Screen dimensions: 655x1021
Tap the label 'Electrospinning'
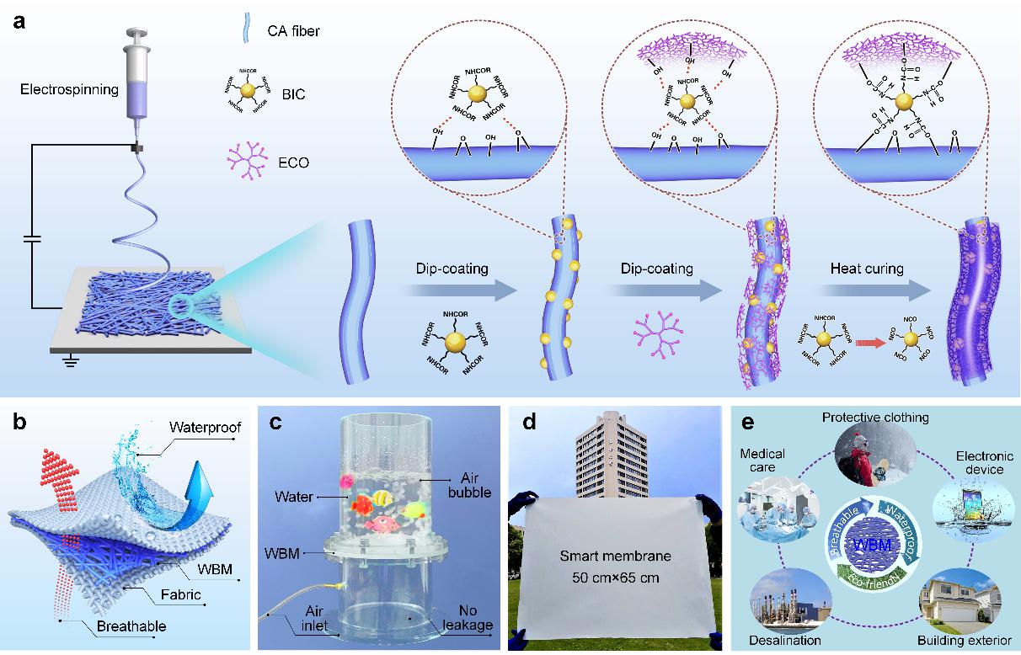point(69,89)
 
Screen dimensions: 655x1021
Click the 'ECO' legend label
point(294,162)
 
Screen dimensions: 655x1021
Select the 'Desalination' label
point(784,640)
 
